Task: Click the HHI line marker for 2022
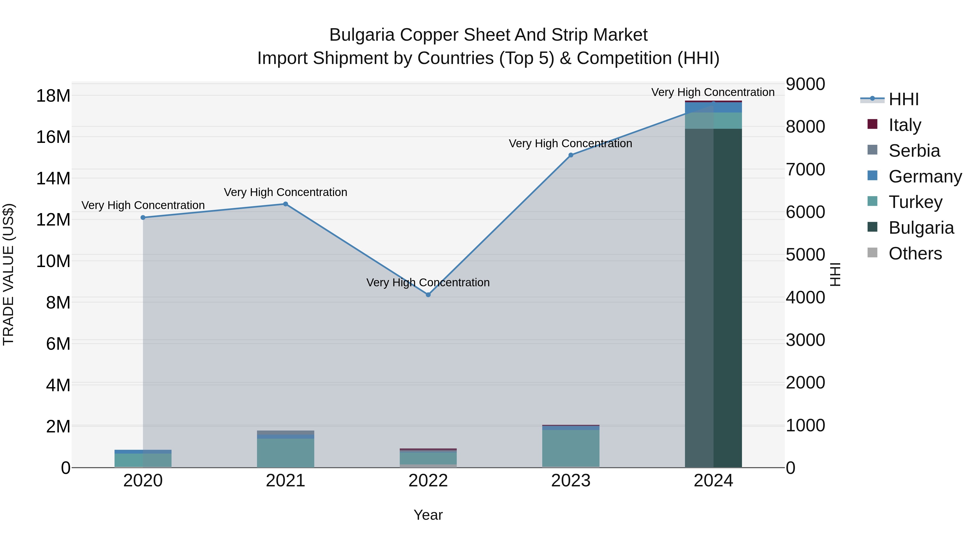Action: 428,294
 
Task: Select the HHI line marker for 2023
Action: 571,155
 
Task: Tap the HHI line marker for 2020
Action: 143,217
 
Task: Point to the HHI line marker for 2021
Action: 286,204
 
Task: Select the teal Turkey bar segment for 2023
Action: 571,448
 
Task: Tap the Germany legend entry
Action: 924,176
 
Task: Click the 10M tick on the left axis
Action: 53,261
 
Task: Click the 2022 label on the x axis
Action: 428,481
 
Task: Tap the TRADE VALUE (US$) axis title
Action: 8,274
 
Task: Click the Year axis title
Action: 428,515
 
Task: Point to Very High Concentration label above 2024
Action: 713,92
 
